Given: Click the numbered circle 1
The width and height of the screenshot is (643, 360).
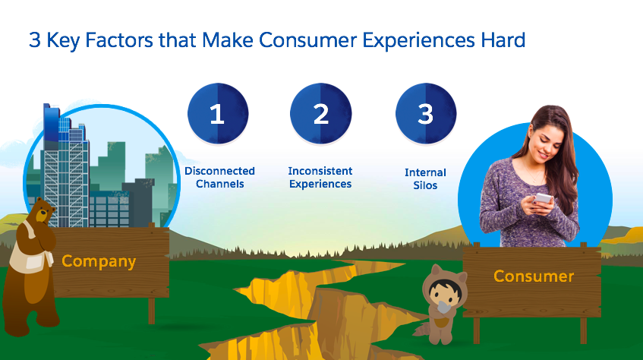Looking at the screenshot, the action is (x=218, y=114).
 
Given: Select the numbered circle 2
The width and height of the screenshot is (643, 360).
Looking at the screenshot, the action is (x=320, y=114).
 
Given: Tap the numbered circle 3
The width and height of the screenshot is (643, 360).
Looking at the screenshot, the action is (x=426, y=114).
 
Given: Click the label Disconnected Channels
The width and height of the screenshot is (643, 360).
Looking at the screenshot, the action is (x=220, y=177).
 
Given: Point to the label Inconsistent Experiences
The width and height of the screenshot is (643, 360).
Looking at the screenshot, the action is (x=320, y=177).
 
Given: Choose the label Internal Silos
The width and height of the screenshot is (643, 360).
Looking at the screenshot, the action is (x=425, y=178).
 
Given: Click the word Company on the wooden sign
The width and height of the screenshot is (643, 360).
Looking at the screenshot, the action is (x=99, y=261).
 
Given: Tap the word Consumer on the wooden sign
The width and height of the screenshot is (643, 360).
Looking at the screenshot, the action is (x=534, y=276).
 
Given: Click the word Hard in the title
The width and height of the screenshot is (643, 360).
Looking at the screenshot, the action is (x=503, y=40).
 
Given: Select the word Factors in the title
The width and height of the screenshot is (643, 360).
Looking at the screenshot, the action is (x=119, y=40).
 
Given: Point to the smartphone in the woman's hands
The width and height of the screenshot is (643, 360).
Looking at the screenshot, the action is (x=543, y=198).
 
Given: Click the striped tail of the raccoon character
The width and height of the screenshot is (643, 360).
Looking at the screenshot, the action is (x=422, y=328).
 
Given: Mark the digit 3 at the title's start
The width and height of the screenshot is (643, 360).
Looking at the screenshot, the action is (x=35, y=40).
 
